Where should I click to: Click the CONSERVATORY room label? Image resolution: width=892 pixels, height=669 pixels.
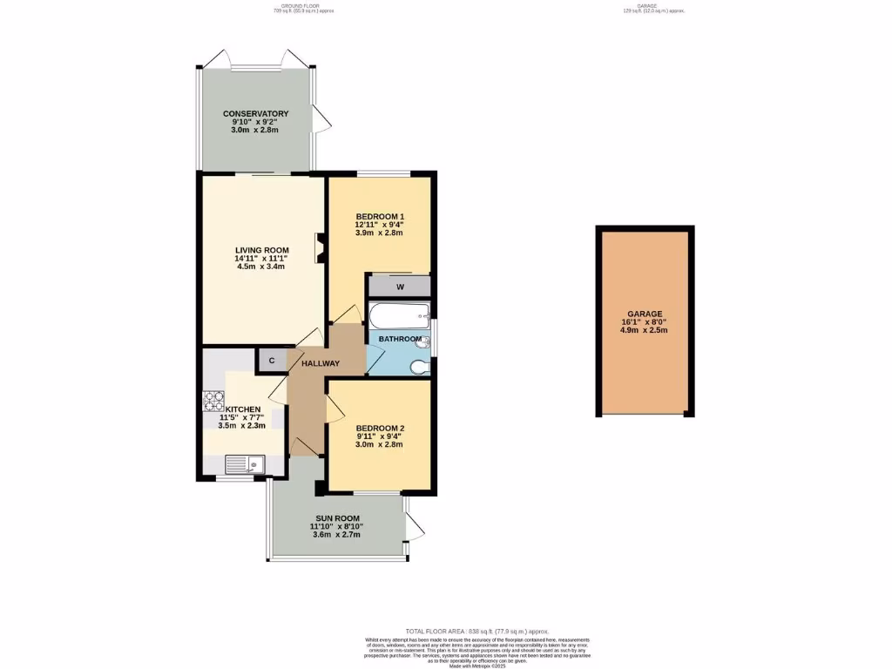[255, 114]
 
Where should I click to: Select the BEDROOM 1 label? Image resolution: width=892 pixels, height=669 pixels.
[379, 216]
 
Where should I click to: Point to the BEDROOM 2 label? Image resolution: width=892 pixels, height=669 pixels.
[379, 428]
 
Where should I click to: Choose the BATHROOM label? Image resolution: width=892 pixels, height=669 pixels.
[400, 339]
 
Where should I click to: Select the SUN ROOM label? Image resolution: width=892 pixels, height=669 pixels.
[334, 518]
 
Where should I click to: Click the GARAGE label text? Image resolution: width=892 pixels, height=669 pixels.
[645, 314]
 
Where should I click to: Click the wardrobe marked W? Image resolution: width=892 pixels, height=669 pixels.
[400, 287]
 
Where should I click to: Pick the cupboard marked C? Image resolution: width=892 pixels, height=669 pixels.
[271, 360]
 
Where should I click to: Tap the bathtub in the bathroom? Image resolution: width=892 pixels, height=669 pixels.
[399, 314]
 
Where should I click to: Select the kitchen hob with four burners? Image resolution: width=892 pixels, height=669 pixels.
[213, 400]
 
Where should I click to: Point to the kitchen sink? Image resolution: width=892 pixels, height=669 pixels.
[246, 464]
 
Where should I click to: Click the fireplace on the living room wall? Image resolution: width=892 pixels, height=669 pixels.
[320, 247]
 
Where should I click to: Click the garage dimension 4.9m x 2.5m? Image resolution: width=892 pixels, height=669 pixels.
[645, 331]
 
